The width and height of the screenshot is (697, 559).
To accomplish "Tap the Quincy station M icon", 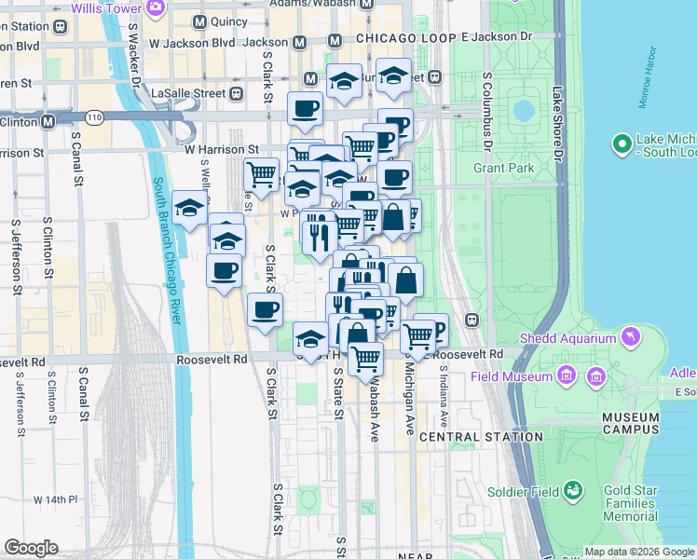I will coord(198,21).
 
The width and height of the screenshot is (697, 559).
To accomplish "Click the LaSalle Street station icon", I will coord(237,93).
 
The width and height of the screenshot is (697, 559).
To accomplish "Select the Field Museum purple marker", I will coord(565,375).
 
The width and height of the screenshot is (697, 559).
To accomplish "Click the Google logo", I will coord(31,548).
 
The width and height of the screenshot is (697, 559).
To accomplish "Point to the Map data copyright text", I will coord(638,552).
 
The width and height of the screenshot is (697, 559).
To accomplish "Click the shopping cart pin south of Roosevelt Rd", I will coord(366,357).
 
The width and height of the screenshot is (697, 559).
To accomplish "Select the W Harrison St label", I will coord(221,149).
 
